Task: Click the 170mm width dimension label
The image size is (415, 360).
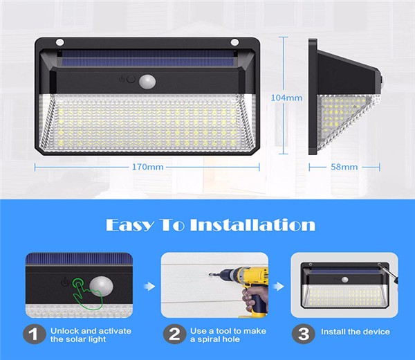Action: (x=148, y=167)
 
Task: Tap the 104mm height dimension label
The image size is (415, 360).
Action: (x=286, y=98)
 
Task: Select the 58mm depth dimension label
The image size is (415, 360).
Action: (x=344, y=167)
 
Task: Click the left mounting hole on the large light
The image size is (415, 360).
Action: (x=59, y=42)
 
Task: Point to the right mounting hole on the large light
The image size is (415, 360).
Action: (x=234, y=42)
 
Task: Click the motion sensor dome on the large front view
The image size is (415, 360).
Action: (x=147, y=81)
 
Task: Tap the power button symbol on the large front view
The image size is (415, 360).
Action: (x=122, y=79)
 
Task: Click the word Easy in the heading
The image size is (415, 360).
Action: (x=129, y=225)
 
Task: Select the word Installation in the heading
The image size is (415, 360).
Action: (x=252, y=225)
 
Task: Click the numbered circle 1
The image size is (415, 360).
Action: (x=35, y=334)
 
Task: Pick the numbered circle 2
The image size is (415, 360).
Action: (x=174, y=334)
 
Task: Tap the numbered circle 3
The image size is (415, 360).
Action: (x=304, y=334)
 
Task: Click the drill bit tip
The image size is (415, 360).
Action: (x=210, y=275)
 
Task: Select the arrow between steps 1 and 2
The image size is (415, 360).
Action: (x=149, y=286)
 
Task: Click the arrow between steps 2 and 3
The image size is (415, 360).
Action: (x=279, y=286)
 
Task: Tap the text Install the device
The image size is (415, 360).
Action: (x=356, y=332)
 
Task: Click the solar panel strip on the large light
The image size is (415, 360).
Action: (x=147, y=59)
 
